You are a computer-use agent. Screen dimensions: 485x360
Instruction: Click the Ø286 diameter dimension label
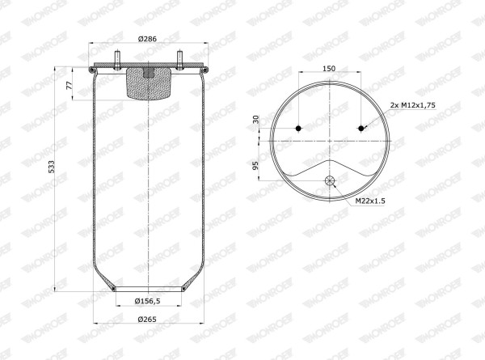(148, 39)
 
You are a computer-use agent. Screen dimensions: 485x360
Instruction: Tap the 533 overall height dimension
(52, 167)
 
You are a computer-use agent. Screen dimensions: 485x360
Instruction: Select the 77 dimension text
(69, 85)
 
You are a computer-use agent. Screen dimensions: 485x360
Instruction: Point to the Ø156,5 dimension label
(148, 301)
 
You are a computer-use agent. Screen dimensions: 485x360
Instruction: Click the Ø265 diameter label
(147, 319)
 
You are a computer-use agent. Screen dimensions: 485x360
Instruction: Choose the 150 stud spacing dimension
(329, 69)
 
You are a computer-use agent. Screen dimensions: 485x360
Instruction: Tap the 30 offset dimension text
(255, 119)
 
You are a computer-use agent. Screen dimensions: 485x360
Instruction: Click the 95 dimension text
(255, 166)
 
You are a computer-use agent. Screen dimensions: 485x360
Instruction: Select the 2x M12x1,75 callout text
(412, 105)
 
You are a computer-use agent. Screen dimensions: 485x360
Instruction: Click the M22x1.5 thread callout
(370, 201)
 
